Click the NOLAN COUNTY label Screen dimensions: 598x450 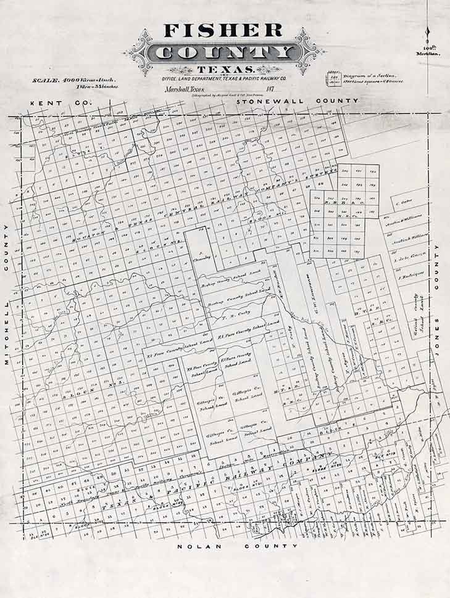coord(238,546)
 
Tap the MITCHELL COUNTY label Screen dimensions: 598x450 coord(7,295)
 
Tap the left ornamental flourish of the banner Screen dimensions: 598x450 coord(138,52)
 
